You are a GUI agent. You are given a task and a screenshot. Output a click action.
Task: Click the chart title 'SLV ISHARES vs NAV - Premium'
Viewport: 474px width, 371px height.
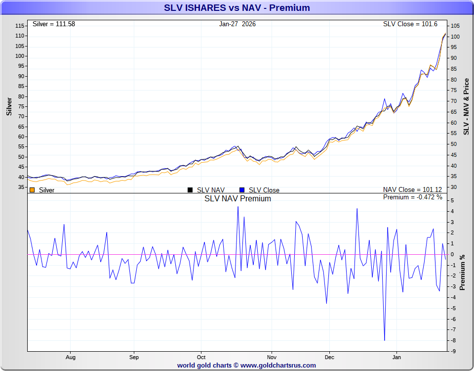(x=237, y=8)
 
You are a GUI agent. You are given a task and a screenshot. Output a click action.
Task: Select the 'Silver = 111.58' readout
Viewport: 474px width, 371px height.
(x=54, y=24)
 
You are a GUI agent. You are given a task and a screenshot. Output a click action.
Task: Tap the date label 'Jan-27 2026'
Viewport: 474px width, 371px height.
(x=237, y=24)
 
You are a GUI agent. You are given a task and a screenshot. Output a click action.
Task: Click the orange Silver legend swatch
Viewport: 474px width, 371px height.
(x=32, y=190)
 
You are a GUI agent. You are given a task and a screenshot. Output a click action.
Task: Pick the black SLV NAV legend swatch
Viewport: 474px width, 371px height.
(x=190, y=190)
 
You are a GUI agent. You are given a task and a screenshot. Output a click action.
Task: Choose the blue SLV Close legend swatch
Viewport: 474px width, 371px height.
(x=242, y=190)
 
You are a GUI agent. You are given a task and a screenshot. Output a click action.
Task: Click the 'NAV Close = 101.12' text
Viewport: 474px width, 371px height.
(x=413, y=190)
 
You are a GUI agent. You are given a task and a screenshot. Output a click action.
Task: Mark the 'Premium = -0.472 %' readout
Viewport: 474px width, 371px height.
(x=413, y=197)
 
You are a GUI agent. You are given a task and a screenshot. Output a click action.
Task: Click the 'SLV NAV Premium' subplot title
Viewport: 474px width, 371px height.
(x=237, y=199)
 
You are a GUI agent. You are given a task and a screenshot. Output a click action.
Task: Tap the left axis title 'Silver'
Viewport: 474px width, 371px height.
(x=9, y=106)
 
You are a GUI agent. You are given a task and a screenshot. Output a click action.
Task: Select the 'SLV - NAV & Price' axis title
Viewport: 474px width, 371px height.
(x=466, y=106)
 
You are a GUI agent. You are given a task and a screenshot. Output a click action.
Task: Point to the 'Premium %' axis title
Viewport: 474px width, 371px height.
(x=462, y=272)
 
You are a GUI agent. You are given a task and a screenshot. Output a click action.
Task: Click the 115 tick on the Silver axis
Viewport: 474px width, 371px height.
(x=20, y=26)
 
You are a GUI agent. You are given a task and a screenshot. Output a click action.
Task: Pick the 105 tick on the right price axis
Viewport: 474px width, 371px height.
(x=455, y=26)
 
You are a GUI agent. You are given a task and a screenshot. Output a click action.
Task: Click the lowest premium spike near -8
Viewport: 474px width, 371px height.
(x=385, y=340)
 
